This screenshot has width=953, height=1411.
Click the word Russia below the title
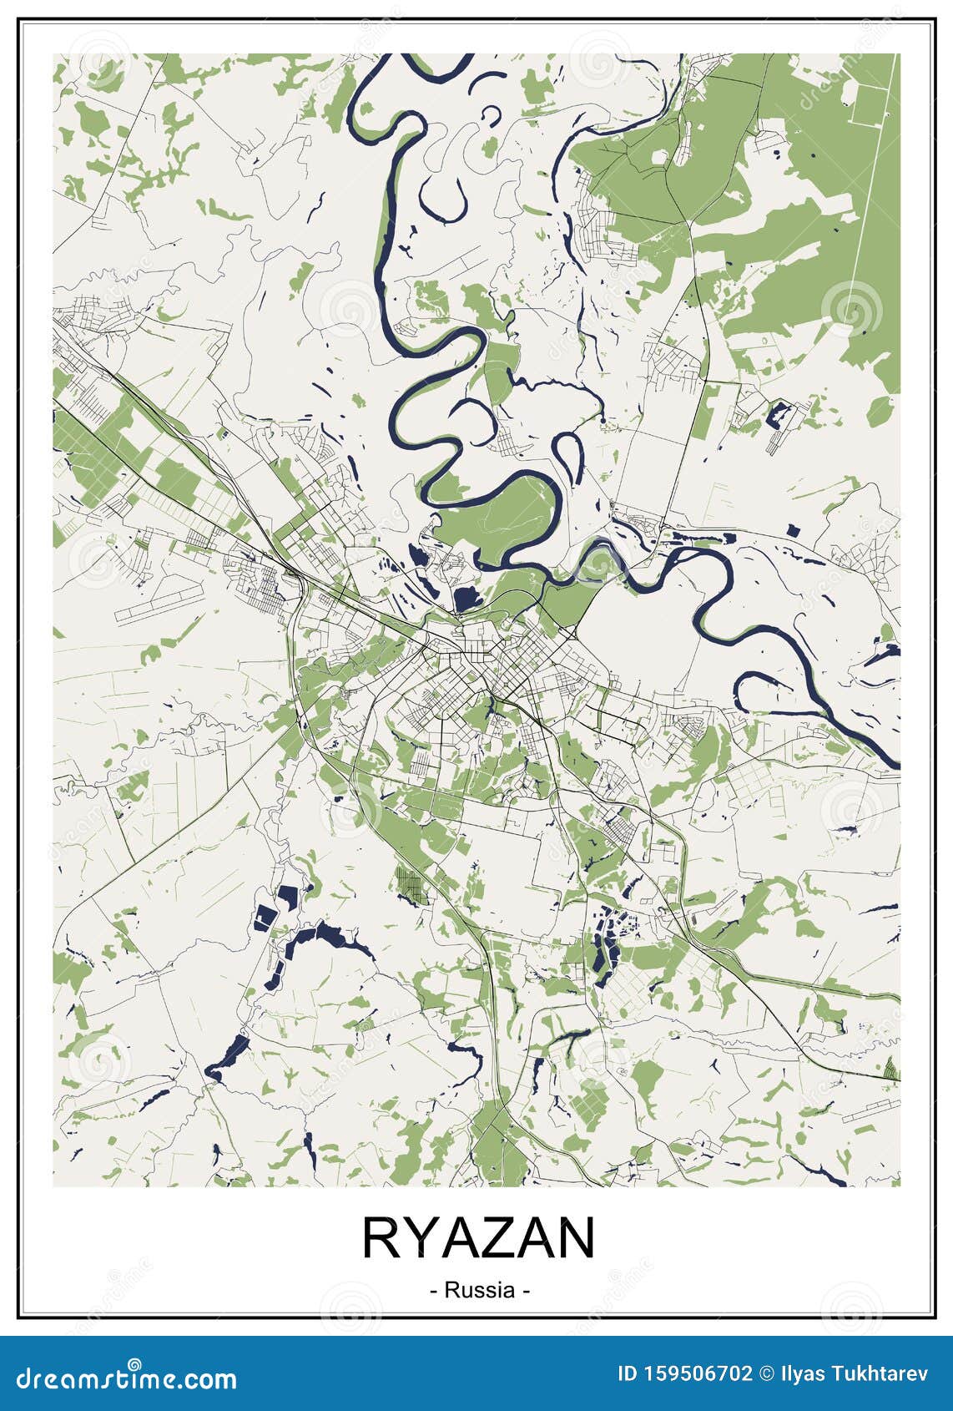(479, 1290)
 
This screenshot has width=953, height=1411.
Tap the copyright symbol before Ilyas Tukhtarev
(767, 1373)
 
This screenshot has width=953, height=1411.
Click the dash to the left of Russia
(434, 1291)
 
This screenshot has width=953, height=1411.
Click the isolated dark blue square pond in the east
(793, 528)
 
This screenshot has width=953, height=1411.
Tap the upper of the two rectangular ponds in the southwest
(288, 898)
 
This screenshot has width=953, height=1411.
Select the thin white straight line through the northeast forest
(868, 209)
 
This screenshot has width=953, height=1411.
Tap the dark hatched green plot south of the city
(411, 885)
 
